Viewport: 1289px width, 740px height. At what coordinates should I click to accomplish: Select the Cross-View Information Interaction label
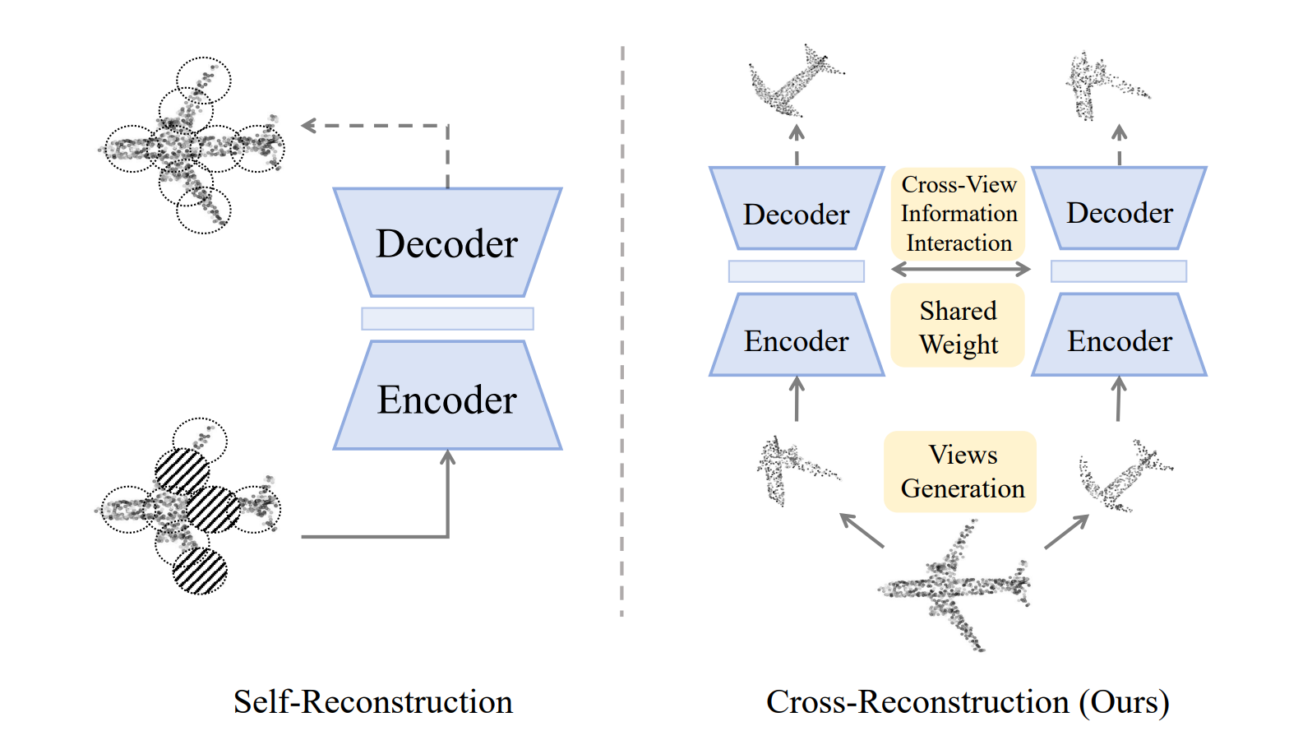point(959,214)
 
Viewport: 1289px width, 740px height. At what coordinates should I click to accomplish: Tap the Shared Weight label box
point(959,326)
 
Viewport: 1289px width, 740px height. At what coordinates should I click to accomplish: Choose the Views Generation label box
point(960,472)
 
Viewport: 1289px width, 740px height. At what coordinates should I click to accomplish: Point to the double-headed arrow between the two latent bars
point(960,269)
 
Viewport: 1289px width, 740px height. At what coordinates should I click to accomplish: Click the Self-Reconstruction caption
point(372,702)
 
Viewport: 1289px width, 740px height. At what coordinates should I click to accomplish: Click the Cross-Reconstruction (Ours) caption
point(967,702)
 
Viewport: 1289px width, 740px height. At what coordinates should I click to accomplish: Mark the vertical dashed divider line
point(622,329)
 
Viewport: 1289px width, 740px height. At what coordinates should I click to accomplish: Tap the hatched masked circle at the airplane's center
point(213,509)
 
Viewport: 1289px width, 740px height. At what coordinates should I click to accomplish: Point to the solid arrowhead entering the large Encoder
point(448,457)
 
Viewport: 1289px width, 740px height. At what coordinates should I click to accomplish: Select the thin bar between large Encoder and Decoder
point(447,318)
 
